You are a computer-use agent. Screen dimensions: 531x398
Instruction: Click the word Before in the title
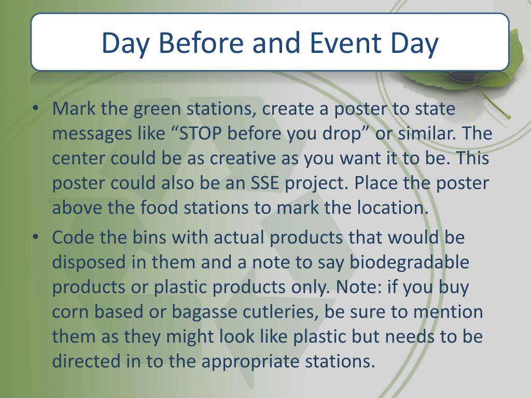click(x=201, y=43)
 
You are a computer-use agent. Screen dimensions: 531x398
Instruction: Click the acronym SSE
click(x=265, y=183)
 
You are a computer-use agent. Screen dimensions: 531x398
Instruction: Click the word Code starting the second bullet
click(x=73, y=237)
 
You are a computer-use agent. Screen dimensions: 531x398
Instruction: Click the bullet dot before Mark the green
click(x=35, y=108)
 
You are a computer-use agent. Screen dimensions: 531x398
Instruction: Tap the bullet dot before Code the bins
click(x=35, y=237)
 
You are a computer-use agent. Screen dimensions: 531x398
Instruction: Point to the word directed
click(x=86, y=361)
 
